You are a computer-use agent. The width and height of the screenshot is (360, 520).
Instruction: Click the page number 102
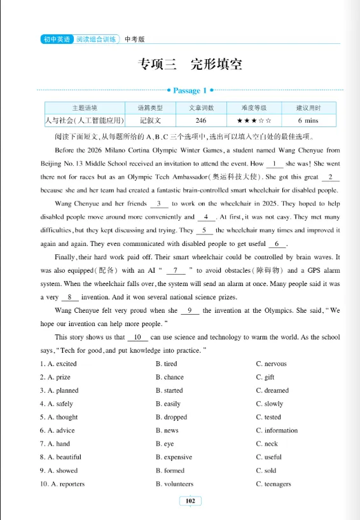coord(190,501)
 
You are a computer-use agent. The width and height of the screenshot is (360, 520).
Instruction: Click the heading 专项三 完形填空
coord(190,65)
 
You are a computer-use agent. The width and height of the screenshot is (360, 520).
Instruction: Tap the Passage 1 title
coord(189,91)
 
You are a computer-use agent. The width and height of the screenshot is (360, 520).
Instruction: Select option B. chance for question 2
coord(170,377)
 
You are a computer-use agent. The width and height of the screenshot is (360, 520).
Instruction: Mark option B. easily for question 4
coord(168,404)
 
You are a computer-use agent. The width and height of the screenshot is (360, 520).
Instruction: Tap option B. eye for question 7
coord(165,444)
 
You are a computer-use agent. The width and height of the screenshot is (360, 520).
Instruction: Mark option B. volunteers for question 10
coord(175,484)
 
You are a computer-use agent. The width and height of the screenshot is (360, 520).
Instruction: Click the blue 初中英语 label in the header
coord(56,39)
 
